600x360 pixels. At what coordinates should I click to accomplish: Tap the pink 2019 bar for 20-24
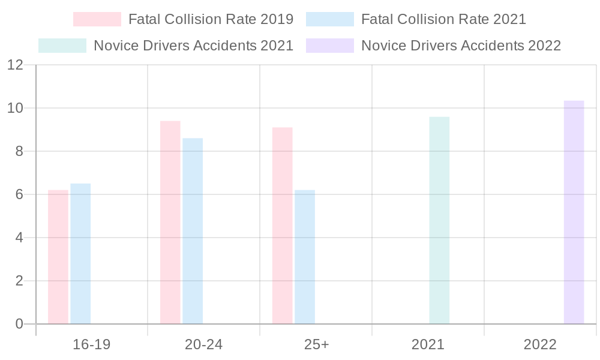pyautogui.click(x=170, y=222)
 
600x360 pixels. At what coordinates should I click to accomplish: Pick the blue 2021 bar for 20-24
pyautogui.click(x=193, y=231)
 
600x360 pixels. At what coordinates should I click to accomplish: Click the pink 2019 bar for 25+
pyautogui.click(x=282, y=226)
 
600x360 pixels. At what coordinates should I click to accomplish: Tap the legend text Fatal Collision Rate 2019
pyautogui.click(x=211, y=19)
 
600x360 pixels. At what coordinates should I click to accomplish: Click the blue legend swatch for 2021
pyautogui.click(x=329, y=19)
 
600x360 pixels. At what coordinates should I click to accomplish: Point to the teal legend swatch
pyautogui.click(x=62, y=46)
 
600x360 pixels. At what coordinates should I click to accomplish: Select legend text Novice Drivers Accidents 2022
pyautogui.click(x=461, y=46)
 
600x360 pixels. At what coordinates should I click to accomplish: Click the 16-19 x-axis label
pyautogui.click(x=91, y=345)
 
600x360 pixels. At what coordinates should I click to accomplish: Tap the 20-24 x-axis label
pyautogui.click(x=203, y=345)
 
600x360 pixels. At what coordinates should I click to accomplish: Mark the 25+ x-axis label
pyautogui.click(x=316, y=345)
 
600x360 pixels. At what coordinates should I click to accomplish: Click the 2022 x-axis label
pyautogui.click(x=540, y=345)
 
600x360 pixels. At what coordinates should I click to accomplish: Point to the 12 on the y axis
pyautogui.click(x=15, y=65)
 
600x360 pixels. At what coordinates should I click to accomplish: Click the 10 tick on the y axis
pyautogui.click(x=15, y=108)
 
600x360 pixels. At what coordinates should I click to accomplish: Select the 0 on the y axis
pyautogui.click(x=18, y=324)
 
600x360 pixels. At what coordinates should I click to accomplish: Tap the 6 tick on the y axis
pyautogui.click(x=18, y=194)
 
